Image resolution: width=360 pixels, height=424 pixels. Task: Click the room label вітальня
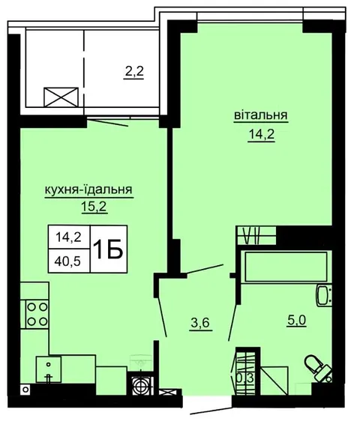click(261, 115)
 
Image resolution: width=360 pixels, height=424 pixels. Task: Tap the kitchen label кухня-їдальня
click(88, 190)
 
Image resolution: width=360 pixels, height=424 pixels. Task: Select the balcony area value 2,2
click(133, 72)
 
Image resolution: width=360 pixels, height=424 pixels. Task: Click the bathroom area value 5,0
click(297, 321)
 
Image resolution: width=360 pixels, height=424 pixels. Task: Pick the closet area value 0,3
click(245, 378)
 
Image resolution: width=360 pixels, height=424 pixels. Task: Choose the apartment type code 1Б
click(108, 249)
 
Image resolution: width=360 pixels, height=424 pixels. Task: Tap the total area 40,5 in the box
click(68, 261)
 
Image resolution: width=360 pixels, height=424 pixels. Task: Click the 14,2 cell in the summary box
click(68, 237)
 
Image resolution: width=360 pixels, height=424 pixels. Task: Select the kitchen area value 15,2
click(94, 208)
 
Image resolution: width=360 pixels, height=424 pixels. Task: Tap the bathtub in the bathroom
click(286, 267)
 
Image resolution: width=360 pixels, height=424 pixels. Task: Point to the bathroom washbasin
click(323, 296)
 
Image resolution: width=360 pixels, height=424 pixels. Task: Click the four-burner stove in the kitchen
click(37, 314)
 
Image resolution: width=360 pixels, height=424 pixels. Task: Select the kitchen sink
click(49, 369)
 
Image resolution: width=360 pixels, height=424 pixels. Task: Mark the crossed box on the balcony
click(61, 97)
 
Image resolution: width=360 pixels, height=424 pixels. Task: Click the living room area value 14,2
click(262, 134)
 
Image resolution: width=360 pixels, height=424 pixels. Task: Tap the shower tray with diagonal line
click(274, 380)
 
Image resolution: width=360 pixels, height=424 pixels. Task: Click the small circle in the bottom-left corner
click(25, 390)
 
